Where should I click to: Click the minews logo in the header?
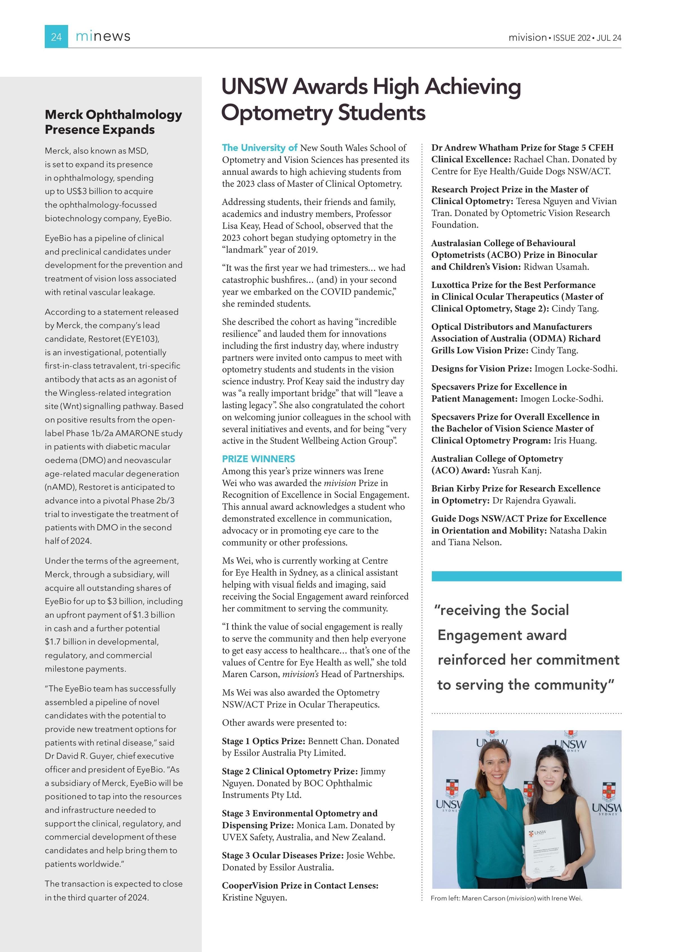tap(103, 36)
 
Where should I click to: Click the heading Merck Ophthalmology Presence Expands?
tap(113, 122)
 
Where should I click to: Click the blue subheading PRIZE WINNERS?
tap(258, 458)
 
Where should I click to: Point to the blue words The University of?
tap(259, 148)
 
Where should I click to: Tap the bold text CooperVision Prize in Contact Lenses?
tap(300, 885)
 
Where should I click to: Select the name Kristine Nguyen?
tap(254, 897)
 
